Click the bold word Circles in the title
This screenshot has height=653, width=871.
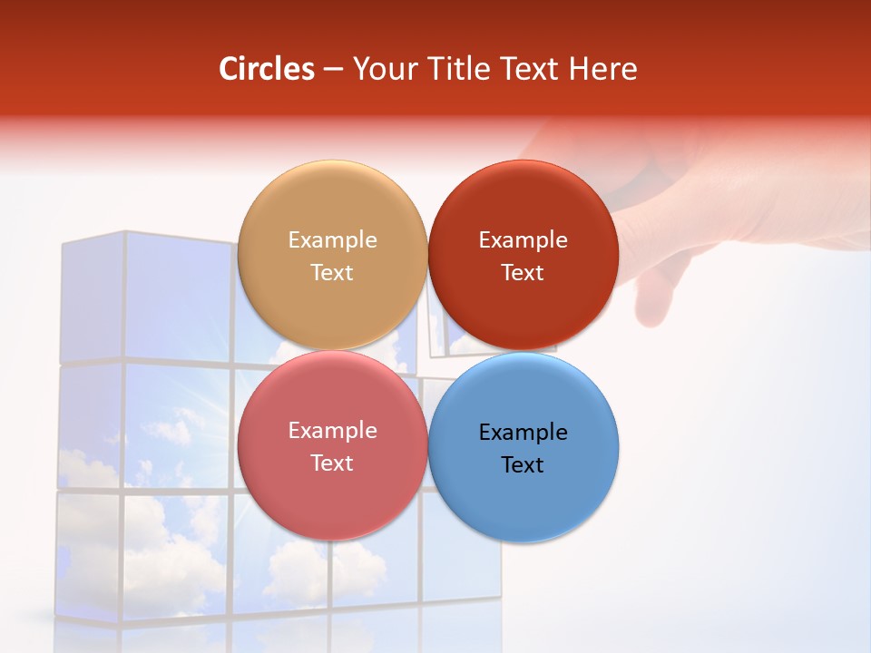click(x=267, y=69)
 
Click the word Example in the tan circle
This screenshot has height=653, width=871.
click(x=332, y=240)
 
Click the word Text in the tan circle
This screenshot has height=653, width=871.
click(x=332, y=273)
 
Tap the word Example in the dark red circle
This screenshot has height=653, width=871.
click(x=523, y=240)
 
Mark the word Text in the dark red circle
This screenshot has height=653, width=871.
click(x=523, y=273)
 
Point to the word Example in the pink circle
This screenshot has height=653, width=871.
click(x=332, y=431)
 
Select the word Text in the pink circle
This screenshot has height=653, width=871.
click(x=332, y=463)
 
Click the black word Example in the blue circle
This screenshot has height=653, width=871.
click(x=523, y=433)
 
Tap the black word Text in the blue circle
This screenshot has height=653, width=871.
click(x=523, y=465)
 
